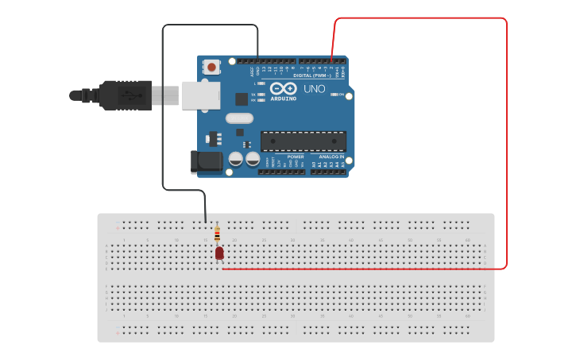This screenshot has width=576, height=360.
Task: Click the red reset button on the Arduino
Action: [x=211, y=68]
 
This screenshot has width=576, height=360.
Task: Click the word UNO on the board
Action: [x=314, y=89]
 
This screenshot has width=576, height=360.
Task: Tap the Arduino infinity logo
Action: [x=283, y=88]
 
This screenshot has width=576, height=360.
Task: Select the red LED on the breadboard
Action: [x=219, y=253]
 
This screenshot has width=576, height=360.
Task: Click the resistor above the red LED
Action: [x=217, y=234]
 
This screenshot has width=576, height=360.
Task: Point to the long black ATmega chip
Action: [x=303, y=141]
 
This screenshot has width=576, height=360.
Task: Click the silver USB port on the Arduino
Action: [x=200, y=95]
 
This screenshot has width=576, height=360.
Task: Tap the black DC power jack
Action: [x=207, y=161]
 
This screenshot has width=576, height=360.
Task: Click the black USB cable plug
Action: [x=120, y=95]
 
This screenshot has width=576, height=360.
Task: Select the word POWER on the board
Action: [x=296, y=157]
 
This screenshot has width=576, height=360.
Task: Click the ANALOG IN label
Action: [x=331, y=157]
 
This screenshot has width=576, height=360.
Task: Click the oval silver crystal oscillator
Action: [x=238, y=118]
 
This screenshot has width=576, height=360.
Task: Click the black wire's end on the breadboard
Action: [x=205, y=222]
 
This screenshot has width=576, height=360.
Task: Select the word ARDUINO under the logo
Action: [x=284, y=99]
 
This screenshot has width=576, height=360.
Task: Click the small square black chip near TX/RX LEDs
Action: [x=242, y=99]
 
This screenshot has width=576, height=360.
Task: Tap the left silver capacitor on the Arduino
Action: [x=236, y=159]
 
